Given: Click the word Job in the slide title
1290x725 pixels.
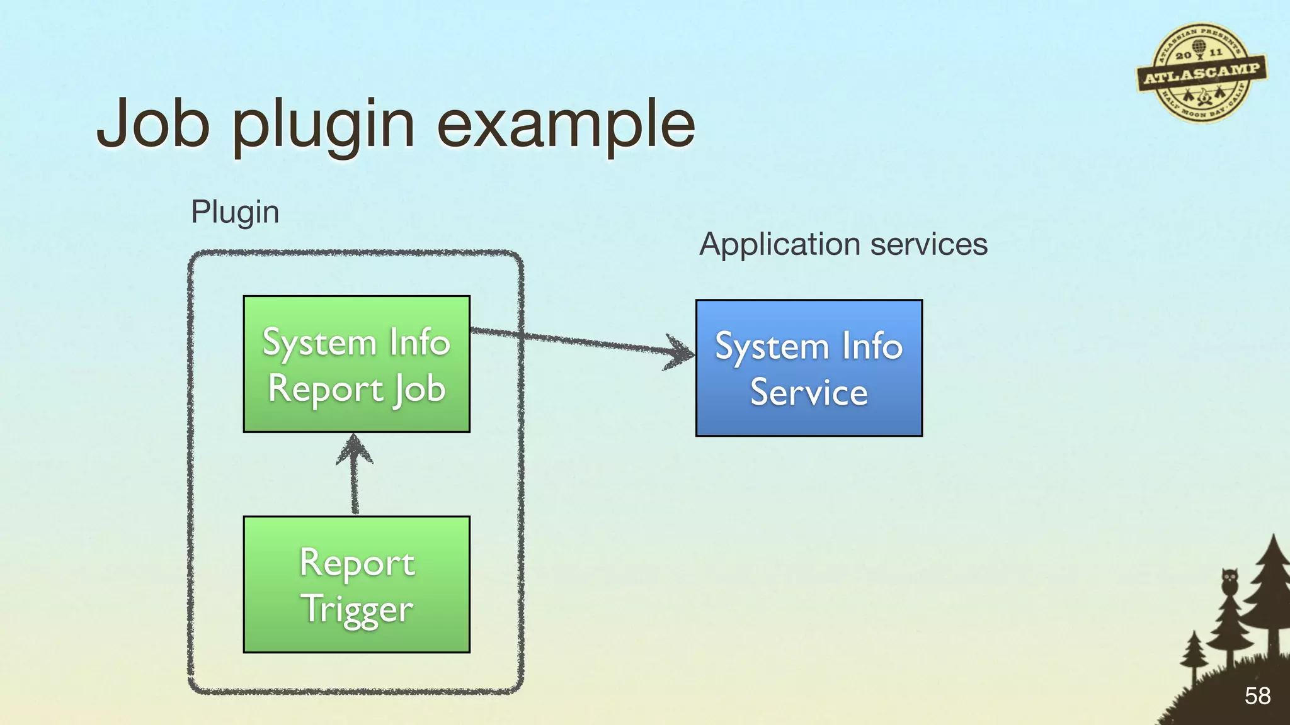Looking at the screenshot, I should point(153,124).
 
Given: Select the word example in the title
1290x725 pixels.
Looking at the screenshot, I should point(566,126).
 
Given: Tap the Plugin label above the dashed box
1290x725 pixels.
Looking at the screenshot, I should point(235,212).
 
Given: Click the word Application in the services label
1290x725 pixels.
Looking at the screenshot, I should point(779,244).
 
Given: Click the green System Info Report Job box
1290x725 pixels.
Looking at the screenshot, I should point(357,364).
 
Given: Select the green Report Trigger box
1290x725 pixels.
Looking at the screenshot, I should point(357,584).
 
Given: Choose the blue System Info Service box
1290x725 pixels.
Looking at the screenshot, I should point(809,368).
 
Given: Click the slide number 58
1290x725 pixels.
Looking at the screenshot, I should point(1257,696).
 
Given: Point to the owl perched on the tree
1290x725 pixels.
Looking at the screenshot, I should point(1229,580).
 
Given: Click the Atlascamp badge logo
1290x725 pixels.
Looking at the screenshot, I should point(1201,73).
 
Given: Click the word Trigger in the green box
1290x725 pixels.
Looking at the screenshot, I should point(357,609).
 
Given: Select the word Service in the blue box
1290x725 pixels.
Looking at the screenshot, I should point(809,393).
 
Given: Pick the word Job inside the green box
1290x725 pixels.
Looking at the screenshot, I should point(421,389).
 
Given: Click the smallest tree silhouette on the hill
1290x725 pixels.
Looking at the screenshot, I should point(1194,658).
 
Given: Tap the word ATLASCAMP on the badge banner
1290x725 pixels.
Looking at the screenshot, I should point(1202,74).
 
